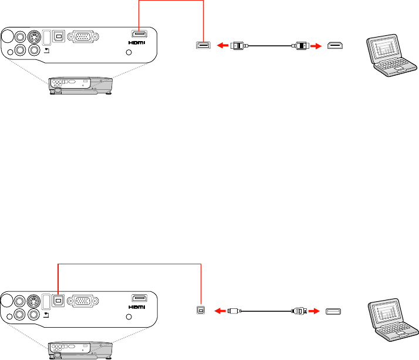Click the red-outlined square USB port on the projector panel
tap(59, 300)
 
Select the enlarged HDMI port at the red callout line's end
tap(202, 45)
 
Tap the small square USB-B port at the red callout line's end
tap(201, 309)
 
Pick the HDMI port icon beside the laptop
tap(335, 45)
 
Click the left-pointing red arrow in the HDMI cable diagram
tap(222, 45)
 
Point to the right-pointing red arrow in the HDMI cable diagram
tap(316, 45)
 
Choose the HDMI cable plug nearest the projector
tap(238, 45)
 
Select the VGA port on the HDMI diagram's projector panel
tap(82, 36)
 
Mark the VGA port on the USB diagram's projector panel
tap(82, 300)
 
